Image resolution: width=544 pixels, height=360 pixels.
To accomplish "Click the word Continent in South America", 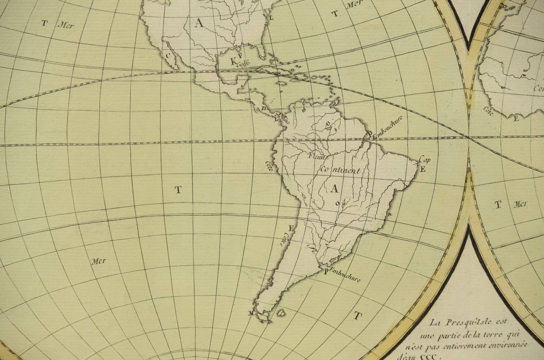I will tap(340, 170).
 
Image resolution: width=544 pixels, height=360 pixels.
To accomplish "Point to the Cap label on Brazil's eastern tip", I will tap(425, 160).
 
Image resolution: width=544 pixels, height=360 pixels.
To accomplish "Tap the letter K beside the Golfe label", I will tap(233, 62).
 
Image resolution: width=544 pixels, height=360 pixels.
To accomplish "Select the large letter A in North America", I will tap(199, 23).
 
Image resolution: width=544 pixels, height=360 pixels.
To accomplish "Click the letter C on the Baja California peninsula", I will tap(169, 55).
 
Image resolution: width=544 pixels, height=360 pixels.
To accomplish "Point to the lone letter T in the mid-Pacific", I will tap(178, 190).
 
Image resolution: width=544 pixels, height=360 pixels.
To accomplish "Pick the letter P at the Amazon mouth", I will tap(370, 135).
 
